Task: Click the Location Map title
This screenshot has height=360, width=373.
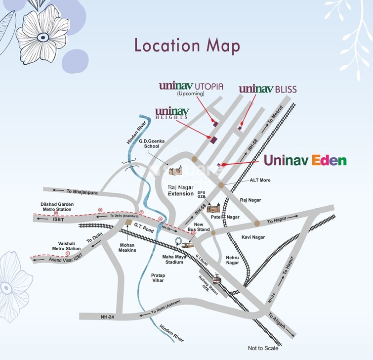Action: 187,45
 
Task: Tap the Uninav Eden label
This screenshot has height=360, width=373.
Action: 305,160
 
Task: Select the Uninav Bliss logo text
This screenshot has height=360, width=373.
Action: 268,89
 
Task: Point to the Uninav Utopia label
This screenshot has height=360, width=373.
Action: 191,87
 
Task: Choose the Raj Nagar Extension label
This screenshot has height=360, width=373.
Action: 180,190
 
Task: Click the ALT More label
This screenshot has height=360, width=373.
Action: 260,180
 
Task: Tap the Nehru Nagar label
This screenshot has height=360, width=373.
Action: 232,260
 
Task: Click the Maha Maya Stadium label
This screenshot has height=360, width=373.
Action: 173,259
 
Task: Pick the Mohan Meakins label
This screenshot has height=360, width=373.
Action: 127,247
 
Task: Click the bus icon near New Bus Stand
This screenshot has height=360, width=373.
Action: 188,244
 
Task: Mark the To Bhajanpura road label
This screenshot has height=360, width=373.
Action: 69,190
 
